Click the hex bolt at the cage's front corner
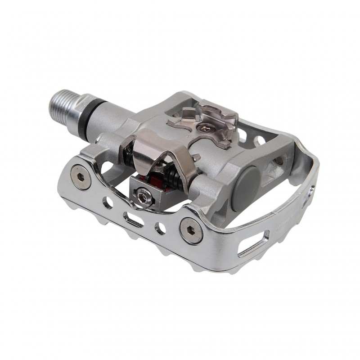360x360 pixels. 189,228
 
